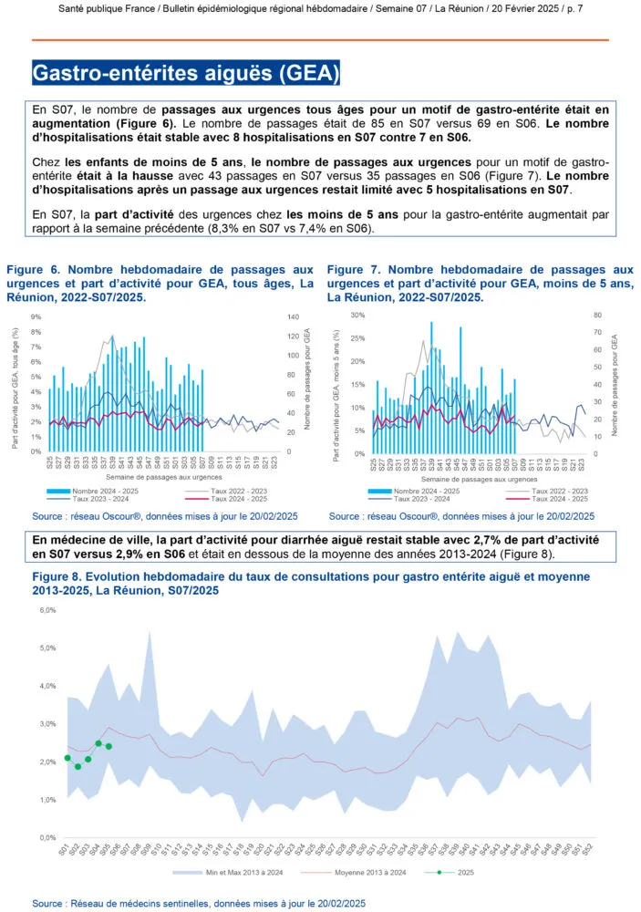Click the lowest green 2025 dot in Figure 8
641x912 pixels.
tap(78, 766)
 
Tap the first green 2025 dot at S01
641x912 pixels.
tap(67, 758)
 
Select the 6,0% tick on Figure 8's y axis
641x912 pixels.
tap(47, 610)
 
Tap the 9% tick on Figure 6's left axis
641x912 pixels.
tap(36, 316)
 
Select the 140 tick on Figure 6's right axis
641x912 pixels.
tap(295, 316)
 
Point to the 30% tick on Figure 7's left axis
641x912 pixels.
tap(358, 315)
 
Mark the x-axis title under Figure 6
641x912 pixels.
tap(150, 477)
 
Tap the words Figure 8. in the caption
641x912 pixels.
tap(59, 577)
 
